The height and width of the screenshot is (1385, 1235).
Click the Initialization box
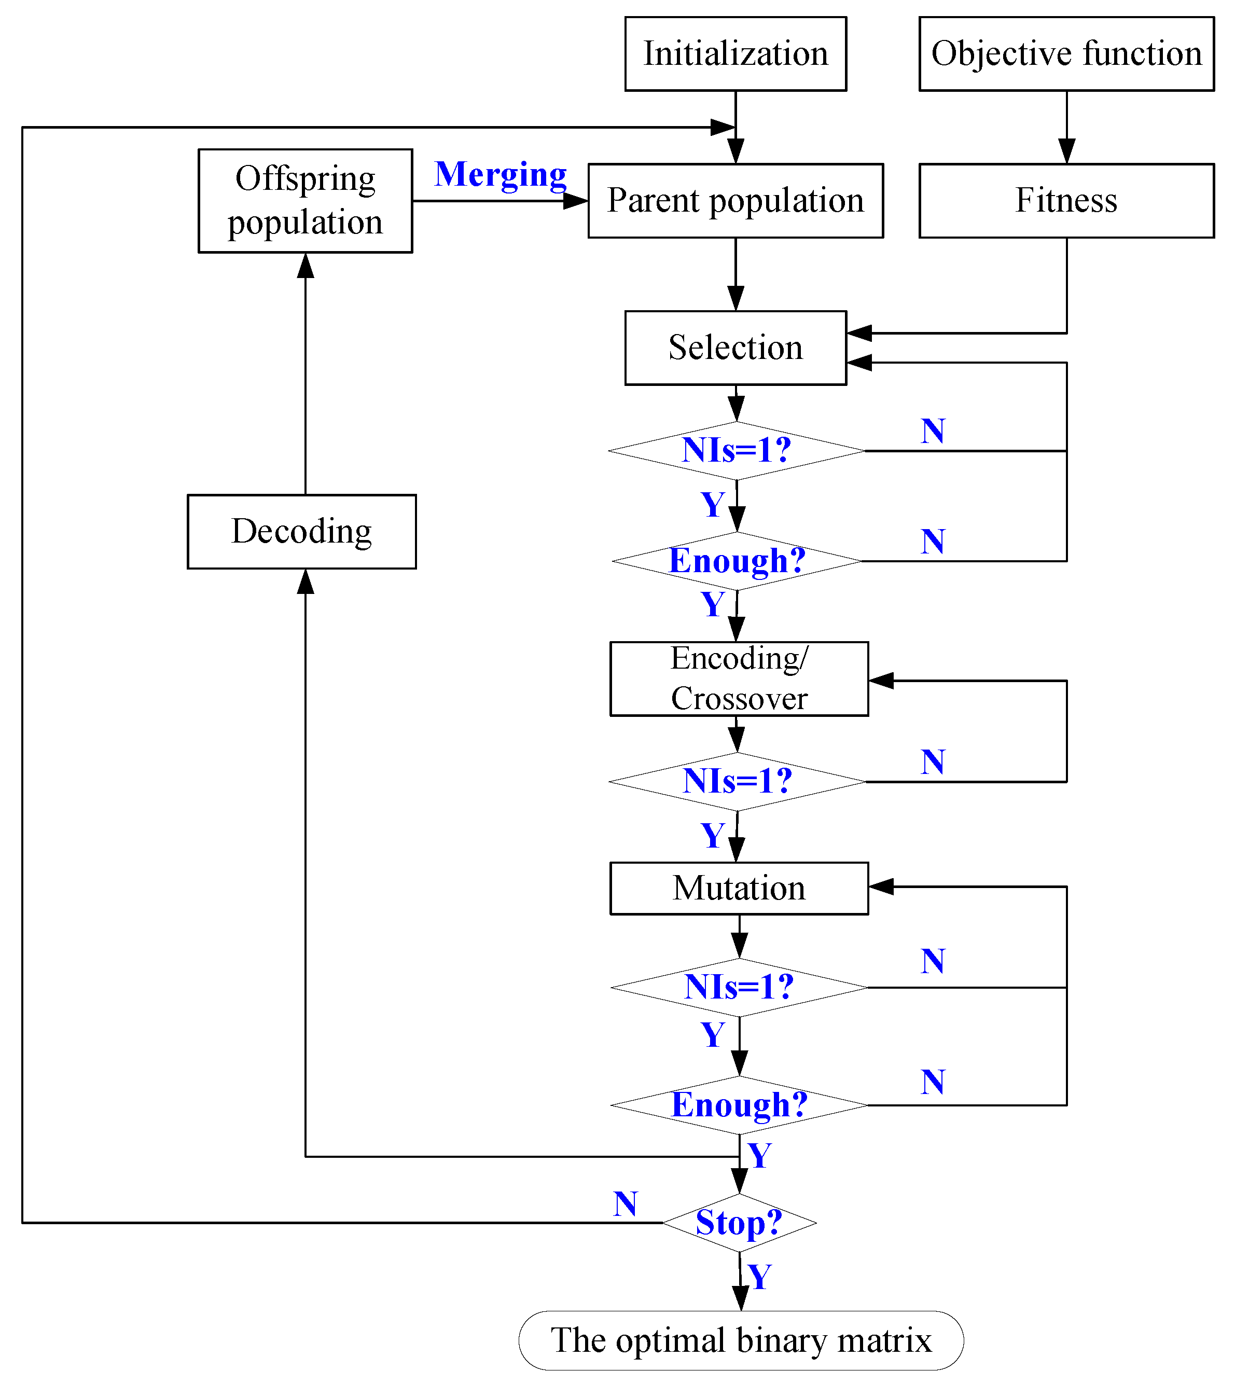pyautogui.click(x=736, y=53)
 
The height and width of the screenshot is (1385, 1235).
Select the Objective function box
pyautogui.click(x=1066, y=53)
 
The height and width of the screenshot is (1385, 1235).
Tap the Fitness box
pyautogui.click(x=1066, y=201)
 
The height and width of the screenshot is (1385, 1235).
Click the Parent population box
pyautogui.click(x=736, y=201)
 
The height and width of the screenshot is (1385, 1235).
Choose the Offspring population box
pyautogui.click(x=306, y=201)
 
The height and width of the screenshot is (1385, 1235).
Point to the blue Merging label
pyautogui.click(x=500, y=174)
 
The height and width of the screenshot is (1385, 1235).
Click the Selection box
pyautogui.click(x=736, y=348)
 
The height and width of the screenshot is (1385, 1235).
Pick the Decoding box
pyautogui.click(x=302, y=531)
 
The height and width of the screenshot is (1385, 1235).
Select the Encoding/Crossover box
pyautogui.click(x=739, y=678)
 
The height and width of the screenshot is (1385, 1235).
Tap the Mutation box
pyautogui.click(x=739, y=888)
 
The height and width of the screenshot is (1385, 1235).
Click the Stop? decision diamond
pyautogui.click(x=739, y=1223)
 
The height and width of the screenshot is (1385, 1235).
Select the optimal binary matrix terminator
pyautogui.click(x=741, y=1341)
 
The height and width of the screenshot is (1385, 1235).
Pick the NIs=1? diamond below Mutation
pyautogui.click(x=739, y=987)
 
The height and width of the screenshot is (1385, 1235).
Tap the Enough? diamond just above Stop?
pyautogui.click(x=739, y=1105)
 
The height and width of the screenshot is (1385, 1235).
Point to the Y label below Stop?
pyautogui.click(x=759, y=1277)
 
